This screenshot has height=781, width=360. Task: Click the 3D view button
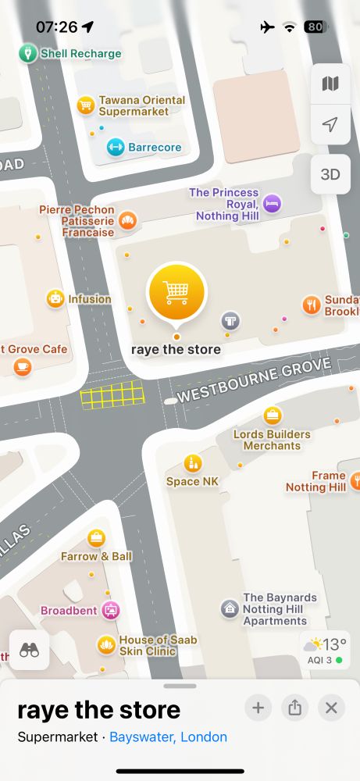(330, 174)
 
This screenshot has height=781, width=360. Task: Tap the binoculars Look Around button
(30, 650)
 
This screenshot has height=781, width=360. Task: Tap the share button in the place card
(294, 708)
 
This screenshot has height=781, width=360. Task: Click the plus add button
(258, 708)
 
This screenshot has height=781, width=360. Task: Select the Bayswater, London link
(168, 736)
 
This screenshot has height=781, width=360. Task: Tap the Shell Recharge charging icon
(28, 54)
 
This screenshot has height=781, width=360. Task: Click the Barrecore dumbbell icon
(116, 147)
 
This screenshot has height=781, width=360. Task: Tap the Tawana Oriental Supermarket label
(141, 105)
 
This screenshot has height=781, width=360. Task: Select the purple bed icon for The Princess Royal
(272, 203)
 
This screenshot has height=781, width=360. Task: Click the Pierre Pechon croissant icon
(127, 221)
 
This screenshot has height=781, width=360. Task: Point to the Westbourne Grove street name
(255, 380)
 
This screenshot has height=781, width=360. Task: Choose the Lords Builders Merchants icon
(272, 415)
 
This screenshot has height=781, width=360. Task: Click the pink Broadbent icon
(111, 610)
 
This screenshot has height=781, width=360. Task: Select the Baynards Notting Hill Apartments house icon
(230, 608)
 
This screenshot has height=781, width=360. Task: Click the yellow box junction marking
(112, 395)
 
